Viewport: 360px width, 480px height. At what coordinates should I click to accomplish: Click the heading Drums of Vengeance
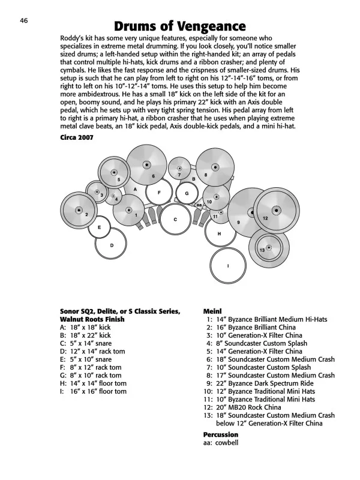[x=179, y=26]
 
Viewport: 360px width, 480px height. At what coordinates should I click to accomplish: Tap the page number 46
[x=24, y=20]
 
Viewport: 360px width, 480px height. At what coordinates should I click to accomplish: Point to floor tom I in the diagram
[x=228, y=266]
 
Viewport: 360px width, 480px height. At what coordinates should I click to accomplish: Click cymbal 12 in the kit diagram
[x=275, y=211]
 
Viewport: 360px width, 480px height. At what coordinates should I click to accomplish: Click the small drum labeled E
[x=98, y=227]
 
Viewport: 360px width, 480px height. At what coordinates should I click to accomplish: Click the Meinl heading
[x=213, y=311]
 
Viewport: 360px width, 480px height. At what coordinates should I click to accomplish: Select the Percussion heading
[x=221, y=434]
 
